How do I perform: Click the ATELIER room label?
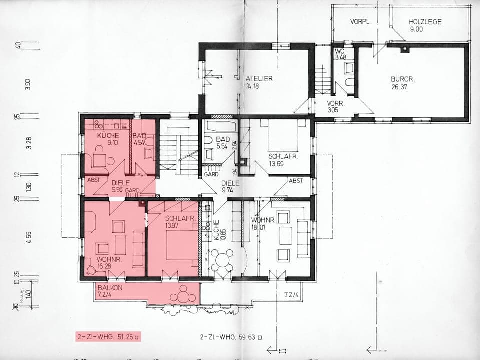coord(259,79)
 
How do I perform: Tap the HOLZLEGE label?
coord(425,22)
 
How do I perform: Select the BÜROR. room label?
coord(403,79)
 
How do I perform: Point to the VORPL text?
coord(359,22)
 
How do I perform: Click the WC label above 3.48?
coord(339,51)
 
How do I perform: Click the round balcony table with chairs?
coord(183,294)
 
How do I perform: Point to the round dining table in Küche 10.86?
coord(222,260)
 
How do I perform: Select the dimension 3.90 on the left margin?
coord(28,85)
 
